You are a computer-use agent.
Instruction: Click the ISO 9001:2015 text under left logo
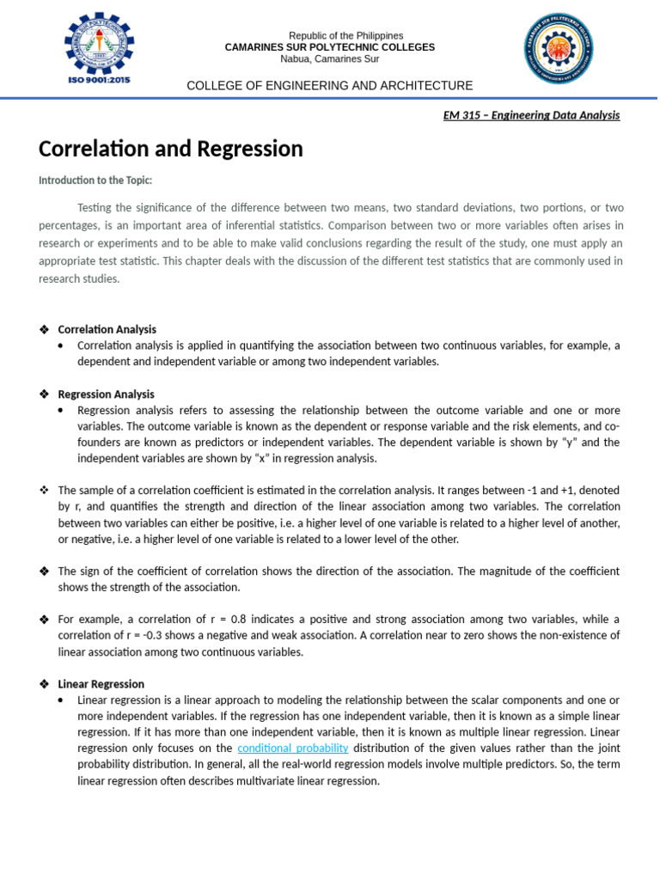pos(98,80)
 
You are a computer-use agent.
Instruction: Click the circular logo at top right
pos(559,50)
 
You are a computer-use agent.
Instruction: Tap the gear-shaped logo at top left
pos(99,42)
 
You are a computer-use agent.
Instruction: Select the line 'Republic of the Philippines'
pos(330,35)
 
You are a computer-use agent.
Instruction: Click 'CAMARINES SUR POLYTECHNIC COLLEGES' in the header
pos(330,47)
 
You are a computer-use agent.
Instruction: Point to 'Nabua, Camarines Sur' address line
pos(330,58)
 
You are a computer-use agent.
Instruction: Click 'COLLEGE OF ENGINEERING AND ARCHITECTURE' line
pos(330,85)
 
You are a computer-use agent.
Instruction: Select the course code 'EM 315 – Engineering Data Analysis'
pos(531,115)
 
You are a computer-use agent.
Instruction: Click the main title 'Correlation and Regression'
pos(171,150)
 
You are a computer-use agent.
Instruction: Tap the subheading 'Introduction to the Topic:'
pos(95,180)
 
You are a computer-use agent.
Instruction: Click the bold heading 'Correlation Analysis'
pos(107,329)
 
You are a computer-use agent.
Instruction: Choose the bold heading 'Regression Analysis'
pos(107,394)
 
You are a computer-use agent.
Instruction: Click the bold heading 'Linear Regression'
pos(101,684)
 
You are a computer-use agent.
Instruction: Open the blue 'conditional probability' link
pos(293,749)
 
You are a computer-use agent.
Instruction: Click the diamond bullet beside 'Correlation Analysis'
pos(44,329)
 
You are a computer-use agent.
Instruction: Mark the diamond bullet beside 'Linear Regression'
pos(44,684)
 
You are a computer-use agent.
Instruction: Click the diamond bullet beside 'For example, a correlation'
pos(44,620)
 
